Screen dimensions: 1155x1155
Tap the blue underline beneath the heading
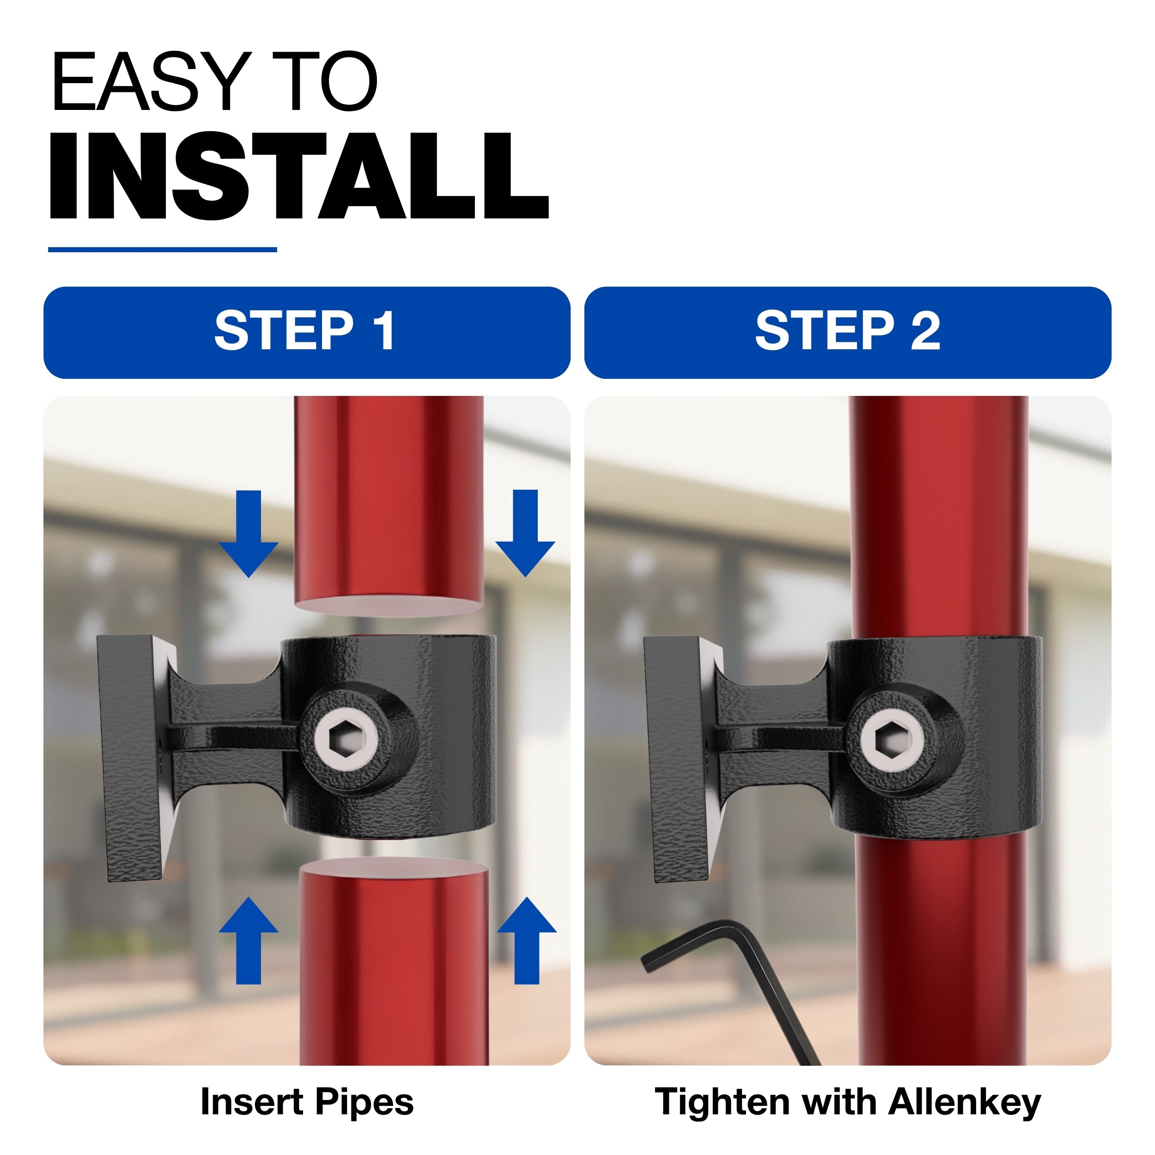click(x=162, y=249)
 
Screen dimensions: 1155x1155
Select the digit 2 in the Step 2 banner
click(x=925, y=330)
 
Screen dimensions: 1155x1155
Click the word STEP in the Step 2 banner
click(x=824, y=330)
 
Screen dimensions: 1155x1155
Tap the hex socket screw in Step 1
click(x=346, y=741)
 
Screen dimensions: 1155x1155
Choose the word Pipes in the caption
click(x=364, y=1103)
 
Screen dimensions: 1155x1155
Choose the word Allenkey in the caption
click(x=965, y=1103)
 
